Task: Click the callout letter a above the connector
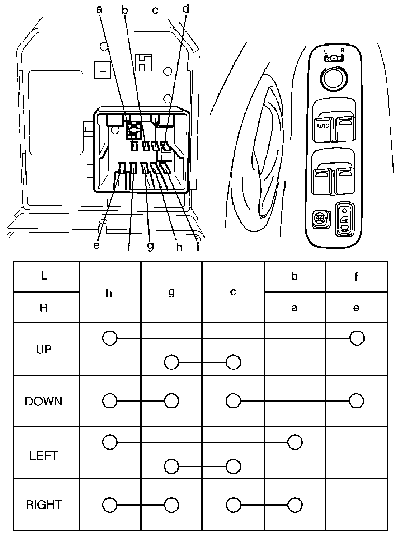pyautogui.click(x=99, y=10)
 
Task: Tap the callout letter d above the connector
pyautogui.click(x=186, y=9)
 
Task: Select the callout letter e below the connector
pyautogui.click(x=97, y=246)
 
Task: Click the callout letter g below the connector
pyautogui.click(x=150, y=246)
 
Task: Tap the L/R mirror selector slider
pyautogui.click(x=334, y=59)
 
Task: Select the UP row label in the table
pyautogui.click(x=44, y=350)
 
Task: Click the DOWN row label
pyautogui.click(x=44, y=401)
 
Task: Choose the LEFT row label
pyautogui.click(x=44, y=455)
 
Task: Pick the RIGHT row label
pyautogui.click(x=44, y=505)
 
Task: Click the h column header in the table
pyautogui.click(x=109, y=293)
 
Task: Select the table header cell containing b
pyautogui.click(x=294, y=277)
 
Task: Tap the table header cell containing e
pyautogui.click(x=356, y=308)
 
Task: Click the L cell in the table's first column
pyautogui.click(x=44, y=277)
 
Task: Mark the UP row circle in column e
pyautogui.click(x=357, y=338)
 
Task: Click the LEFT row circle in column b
pyautogui.click(x=295, y=442)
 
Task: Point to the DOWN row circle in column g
pyautogui.click(x=171, y=400)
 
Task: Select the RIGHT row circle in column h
pyautogui.click(x=110, y=505)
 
